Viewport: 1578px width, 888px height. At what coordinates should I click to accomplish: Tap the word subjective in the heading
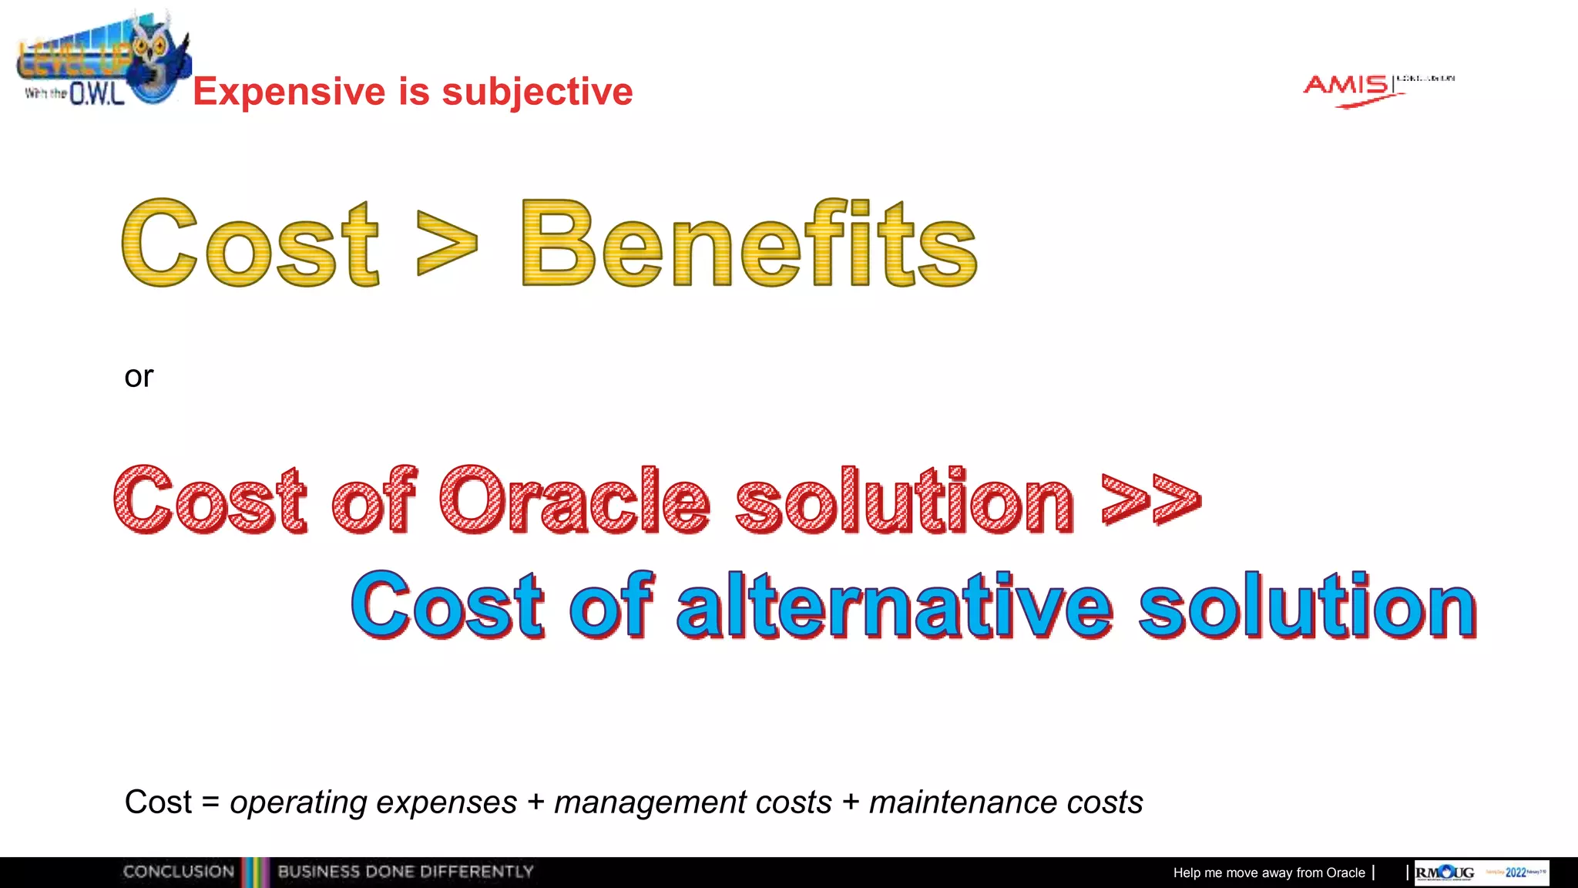pos(537,92)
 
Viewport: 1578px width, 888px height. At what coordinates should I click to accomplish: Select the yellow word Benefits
pos(749,244)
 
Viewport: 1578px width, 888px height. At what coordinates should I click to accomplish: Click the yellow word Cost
pos(250,244)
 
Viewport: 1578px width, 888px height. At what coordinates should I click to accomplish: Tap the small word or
pos(139,377)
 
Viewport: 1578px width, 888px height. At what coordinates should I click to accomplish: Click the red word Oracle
pos(574,501)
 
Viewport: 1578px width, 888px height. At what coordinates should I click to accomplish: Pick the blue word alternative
pos(894,607)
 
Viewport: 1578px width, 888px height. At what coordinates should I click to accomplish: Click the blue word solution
pos(1307,607)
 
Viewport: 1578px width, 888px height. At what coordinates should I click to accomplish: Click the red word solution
pos(904,501)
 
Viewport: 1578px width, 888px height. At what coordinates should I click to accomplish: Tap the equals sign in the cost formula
pos(210,803)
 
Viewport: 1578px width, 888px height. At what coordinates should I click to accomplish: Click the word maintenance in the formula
pos(962,803)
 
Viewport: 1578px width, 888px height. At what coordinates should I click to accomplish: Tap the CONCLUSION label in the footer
pos(179,872)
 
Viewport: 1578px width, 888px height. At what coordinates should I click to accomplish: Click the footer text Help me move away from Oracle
pos(1268,873)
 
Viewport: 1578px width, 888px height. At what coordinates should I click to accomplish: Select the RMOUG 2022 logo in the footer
pos(1481,873)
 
